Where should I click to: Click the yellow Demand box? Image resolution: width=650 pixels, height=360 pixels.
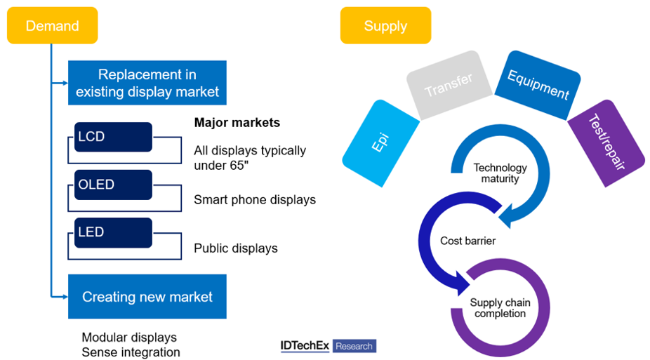tap(52, 26)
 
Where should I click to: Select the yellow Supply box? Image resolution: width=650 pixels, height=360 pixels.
tap(385, 26)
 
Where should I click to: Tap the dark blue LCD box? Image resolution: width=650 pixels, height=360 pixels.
tap(113, 137)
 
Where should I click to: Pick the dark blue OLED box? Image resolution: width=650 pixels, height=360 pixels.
tap(113, 185)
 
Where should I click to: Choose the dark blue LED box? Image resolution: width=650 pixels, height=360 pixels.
tap(113, 232)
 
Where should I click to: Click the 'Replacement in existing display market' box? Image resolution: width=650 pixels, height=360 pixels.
tap(147, 83)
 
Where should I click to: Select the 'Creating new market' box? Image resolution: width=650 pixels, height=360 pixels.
tap(147, 297)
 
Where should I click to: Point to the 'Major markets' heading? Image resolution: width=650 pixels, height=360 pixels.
tap(237, 123)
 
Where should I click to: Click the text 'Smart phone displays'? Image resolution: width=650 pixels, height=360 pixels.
tap(254, 200)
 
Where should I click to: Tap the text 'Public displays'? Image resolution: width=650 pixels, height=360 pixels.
tap(235, 248)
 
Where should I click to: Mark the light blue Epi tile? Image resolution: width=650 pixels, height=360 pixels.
tap(381, 142)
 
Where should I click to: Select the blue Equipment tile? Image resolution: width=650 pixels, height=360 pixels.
tap(538, 84)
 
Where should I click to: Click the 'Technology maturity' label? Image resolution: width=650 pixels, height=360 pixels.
tap(500, 173)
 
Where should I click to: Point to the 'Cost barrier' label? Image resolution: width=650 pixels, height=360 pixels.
tap(467, 241)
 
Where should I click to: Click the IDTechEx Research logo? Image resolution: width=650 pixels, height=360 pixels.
tap(328, 346)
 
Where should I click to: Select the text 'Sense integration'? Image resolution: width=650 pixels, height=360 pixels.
tap(131, 352)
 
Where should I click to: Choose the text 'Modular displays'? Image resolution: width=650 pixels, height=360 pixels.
tap(129, 338)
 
